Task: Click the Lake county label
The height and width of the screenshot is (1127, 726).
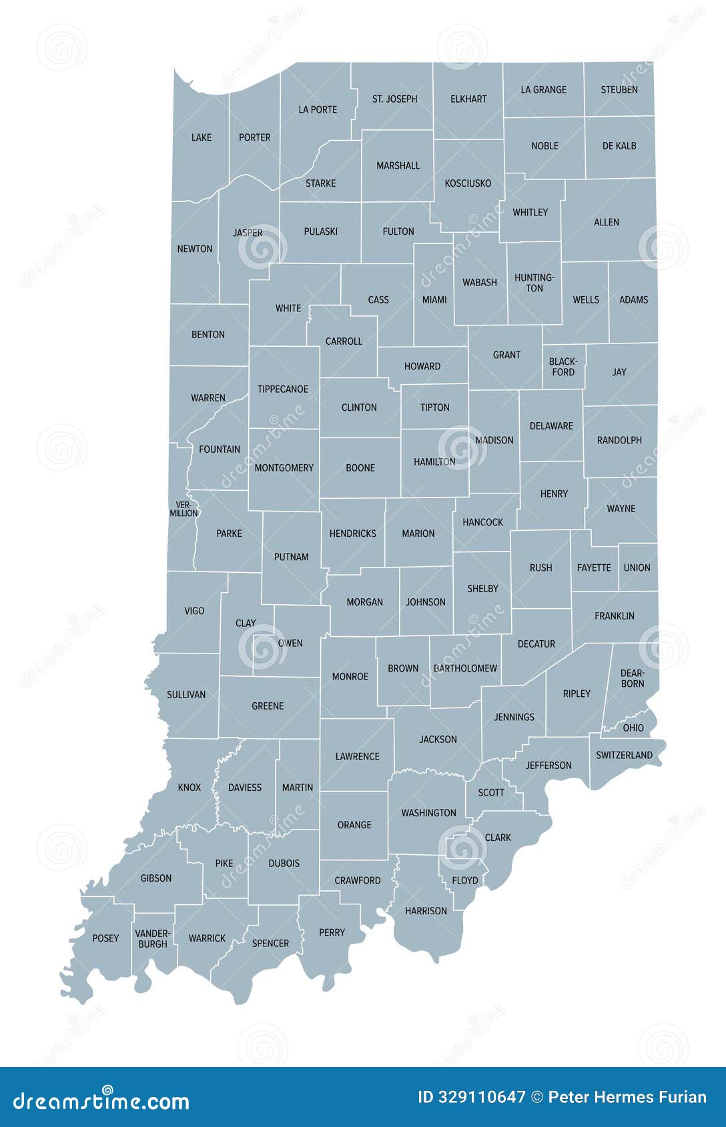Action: [201, 137]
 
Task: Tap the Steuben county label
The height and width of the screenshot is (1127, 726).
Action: [619, 89]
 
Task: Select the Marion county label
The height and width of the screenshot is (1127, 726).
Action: [418, 533]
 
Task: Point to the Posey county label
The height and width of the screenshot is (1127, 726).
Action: [105, 938]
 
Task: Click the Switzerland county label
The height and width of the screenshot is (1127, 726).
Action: [624, 755]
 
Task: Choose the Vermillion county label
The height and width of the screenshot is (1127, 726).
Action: [184, 509]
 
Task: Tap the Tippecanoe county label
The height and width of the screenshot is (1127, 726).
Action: [283, 389]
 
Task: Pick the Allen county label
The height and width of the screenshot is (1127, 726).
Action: [607, 222]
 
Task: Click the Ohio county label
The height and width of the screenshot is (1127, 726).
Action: [633, 728]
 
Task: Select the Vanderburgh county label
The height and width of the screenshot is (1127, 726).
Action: [153, 938]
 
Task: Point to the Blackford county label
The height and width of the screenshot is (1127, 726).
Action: [563, 367]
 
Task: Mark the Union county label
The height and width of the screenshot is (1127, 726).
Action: [637, 568]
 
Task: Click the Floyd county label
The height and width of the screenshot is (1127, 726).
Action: [464, 880]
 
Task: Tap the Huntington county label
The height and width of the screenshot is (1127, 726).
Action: [534, 283]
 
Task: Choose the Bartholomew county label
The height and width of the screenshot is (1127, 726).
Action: [465, 668]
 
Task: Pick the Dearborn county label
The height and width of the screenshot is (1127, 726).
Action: [632, 678]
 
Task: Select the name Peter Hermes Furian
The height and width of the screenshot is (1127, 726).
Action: [627, 1097]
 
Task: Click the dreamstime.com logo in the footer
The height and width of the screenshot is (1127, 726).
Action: [101, 1100]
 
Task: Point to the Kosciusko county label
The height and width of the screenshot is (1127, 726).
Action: [468, 183]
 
